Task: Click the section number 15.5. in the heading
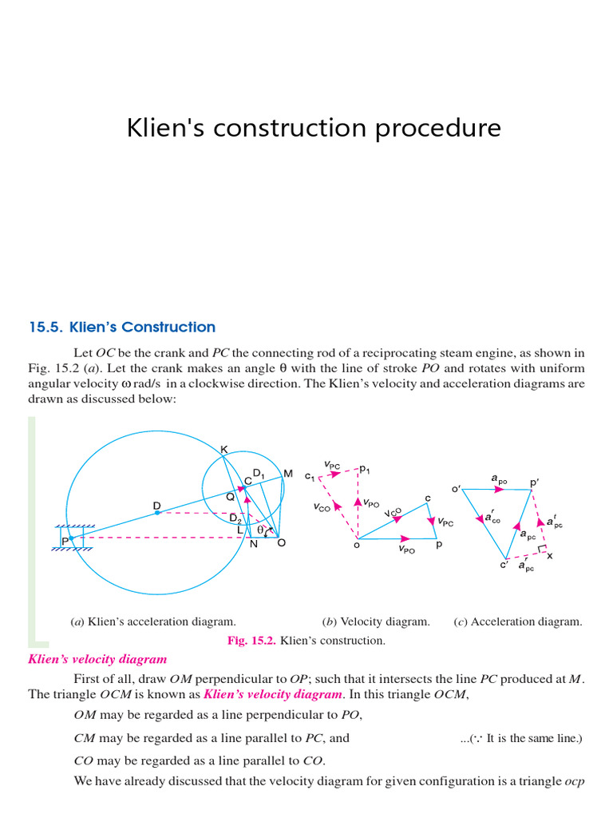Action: point(45,327)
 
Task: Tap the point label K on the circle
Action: point(224,451)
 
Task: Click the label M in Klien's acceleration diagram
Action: point(287,474)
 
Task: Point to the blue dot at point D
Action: point(157,513)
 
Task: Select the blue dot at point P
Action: point(72,538)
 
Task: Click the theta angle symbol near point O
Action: point(259,529)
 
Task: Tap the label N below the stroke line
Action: point(253,544)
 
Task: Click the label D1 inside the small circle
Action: point(259,475)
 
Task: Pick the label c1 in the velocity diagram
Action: point(310,478)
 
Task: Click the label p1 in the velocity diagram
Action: point(365,471)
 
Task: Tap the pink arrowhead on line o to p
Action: point(405,538)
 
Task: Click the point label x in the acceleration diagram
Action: point(550,555)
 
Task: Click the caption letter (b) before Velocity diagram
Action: point(328,621)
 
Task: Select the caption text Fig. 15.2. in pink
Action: point(250,641)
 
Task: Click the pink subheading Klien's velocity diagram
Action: point(97,659)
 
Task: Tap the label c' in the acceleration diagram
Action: point(504,565)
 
